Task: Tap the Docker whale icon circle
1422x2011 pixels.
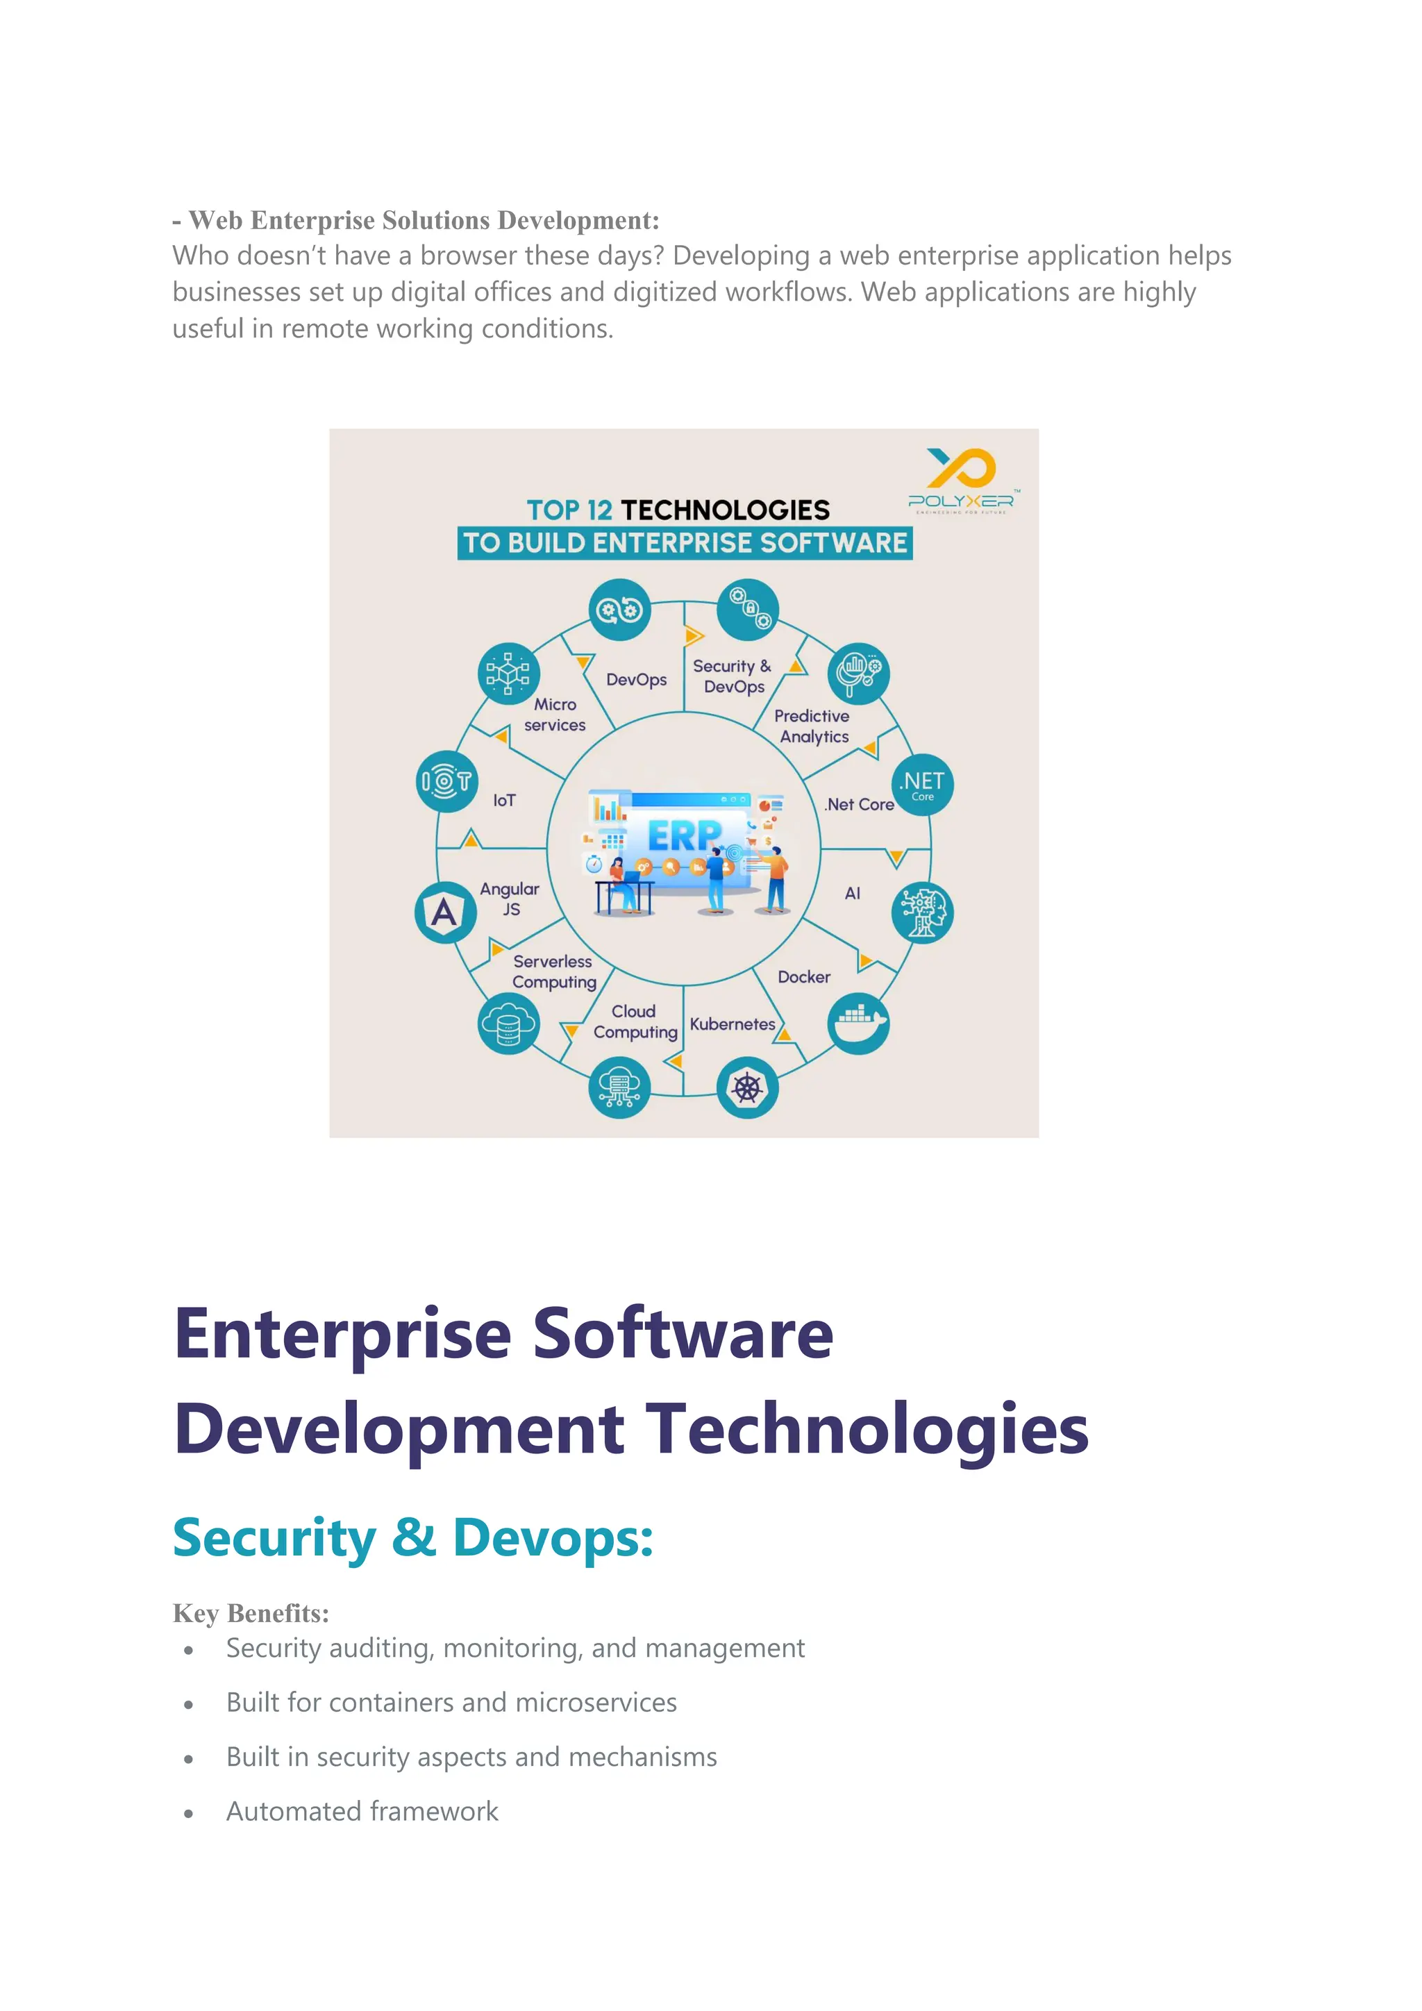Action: click(858, 1023)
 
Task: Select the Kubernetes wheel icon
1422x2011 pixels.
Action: click(747, 1088)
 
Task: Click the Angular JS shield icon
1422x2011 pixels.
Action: click(445, 912)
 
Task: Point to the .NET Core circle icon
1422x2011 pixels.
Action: click(922, 785)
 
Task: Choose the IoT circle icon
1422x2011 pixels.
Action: click(446, 781)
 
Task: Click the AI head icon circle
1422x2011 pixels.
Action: click(922, 912)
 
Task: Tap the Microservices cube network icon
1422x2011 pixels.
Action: click(508, 674)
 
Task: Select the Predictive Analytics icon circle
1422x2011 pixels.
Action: click(858, 674)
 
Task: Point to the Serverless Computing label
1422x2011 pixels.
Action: click(553, 971)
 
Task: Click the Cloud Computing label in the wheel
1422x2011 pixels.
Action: click(635, 1021)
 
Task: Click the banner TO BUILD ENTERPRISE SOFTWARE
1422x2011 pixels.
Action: click(684, 543)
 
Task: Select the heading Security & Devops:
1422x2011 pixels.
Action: click(412, 1537)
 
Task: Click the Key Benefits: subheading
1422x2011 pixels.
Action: click(251, 1612)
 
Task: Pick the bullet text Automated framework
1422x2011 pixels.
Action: click(362, 1810)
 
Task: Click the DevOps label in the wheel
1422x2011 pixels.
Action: click(636, 680)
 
